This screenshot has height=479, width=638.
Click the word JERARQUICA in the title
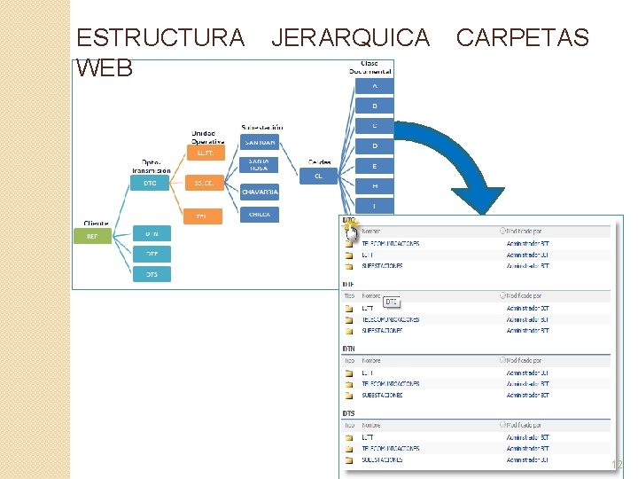coord(350,37)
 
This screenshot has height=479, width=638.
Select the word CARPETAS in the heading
coord(522,37)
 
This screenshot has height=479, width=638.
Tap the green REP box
coord(92,236)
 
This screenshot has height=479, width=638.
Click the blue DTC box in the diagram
coord(150,184)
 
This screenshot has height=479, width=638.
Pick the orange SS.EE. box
coord(204,184)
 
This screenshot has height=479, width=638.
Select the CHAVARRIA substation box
coord(260,192)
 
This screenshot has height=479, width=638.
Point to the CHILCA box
coord(260,214)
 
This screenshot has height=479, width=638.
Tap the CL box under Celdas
coord(318,176)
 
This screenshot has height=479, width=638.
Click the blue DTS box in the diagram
coord(152,274)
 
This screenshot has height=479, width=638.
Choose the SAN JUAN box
coord(260,142)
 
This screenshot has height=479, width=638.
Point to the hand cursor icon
coord(353,232)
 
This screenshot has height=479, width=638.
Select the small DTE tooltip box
coord(392,302)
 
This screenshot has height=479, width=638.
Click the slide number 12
coord(617,466)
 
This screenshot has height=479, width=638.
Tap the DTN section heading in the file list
coord(349,349)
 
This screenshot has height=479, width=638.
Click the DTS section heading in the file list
coord(349,413)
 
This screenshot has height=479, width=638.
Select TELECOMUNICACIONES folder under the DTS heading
coord(390,449)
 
